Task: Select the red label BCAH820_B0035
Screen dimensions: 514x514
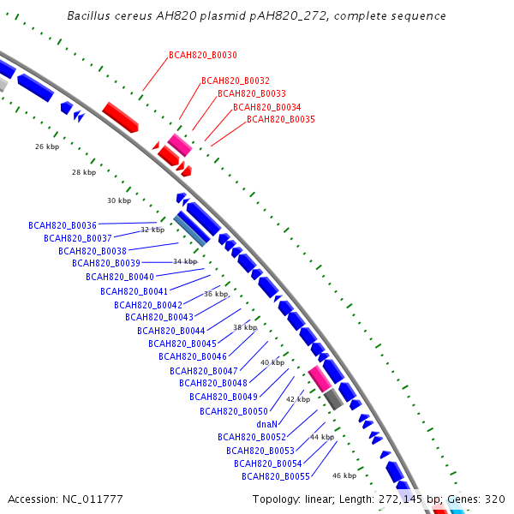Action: coord(281,119)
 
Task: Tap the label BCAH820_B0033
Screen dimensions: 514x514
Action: coord(252,93)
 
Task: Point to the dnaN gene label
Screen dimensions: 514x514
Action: coord(266,424)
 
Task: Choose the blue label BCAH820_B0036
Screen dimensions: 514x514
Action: coord(63,225)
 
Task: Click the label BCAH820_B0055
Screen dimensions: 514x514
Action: coord(275,476)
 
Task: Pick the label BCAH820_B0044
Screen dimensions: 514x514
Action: coord(171,331)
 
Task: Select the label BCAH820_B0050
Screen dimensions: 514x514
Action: coord(234,411)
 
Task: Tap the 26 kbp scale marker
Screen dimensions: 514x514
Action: coord(47,147)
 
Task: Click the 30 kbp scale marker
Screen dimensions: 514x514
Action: coord(119,200)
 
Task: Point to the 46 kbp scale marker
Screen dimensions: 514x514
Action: coord(344,475)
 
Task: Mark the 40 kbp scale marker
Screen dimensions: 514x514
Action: coord(272,362)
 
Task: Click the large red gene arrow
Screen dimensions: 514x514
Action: coord(121,117)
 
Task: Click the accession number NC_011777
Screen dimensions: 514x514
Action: coord(90,499)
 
